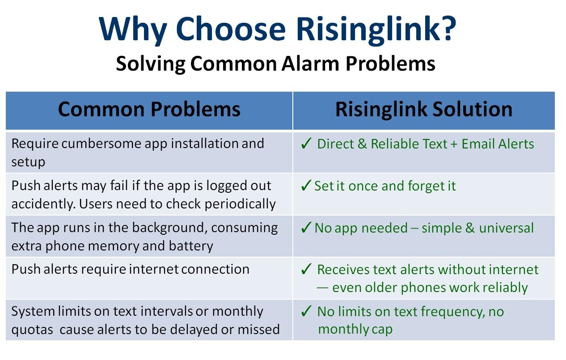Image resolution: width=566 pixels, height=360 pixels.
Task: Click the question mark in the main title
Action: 448,28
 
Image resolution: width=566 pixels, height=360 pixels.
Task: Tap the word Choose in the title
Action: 231,29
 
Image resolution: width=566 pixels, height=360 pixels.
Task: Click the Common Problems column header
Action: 149,110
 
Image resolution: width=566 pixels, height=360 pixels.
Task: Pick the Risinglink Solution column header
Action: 424,109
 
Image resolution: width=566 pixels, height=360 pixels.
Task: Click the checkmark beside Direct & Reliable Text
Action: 306,144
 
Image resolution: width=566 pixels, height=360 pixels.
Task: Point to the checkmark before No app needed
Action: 306,227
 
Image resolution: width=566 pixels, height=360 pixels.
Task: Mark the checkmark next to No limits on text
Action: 306,311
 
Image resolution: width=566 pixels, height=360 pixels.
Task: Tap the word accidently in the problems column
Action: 44,204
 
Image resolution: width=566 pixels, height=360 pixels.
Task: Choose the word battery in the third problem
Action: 191,246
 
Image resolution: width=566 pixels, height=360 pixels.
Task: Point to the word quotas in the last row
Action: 32,330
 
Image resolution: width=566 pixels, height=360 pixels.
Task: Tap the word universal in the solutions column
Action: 506,228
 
